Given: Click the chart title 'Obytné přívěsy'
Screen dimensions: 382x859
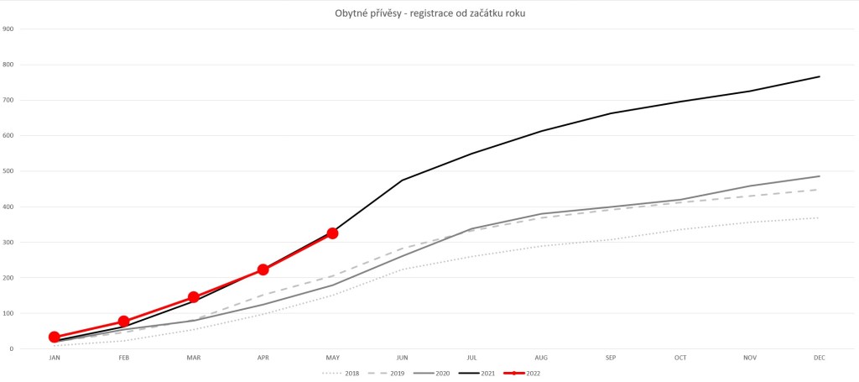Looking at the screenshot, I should pos(429,12).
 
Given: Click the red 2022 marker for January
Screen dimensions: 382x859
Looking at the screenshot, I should pos(55,337).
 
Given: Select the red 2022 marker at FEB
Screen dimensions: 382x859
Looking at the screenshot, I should pos(124,322).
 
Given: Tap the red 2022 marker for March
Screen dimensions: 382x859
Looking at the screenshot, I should pos(194,297).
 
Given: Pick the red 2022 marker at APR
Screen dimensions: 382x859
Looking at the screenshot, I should pos(263,269).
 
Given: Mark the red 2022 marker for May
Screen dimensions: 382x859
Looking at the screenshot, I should pos(332,233).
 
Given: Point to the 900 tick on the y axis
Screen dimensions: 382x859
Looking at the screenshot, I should pos(8,29).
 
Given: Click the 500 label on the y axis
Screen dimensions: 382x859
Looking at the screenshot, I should pos(8,171).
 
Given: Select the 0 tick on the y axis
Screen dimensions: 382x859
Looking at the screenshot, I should pos(11,348).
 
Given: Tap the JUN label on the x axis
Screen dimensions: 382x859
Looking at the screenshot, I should pos(402,358).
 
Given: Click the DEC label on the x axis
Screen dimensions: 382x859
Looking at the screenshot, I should pos(820,358).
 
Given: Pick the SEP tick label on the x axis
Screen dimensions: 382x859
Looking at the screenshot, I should pos(611,358).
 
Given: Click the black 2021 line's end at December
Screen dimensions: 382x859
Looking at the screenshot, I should pos(820,76).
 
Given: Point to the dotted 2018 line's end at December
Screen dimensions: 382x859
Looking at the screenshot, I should pos(820,218).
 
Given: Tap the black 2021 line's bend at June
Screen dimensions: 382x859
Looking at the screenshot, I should pos(402,181).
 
